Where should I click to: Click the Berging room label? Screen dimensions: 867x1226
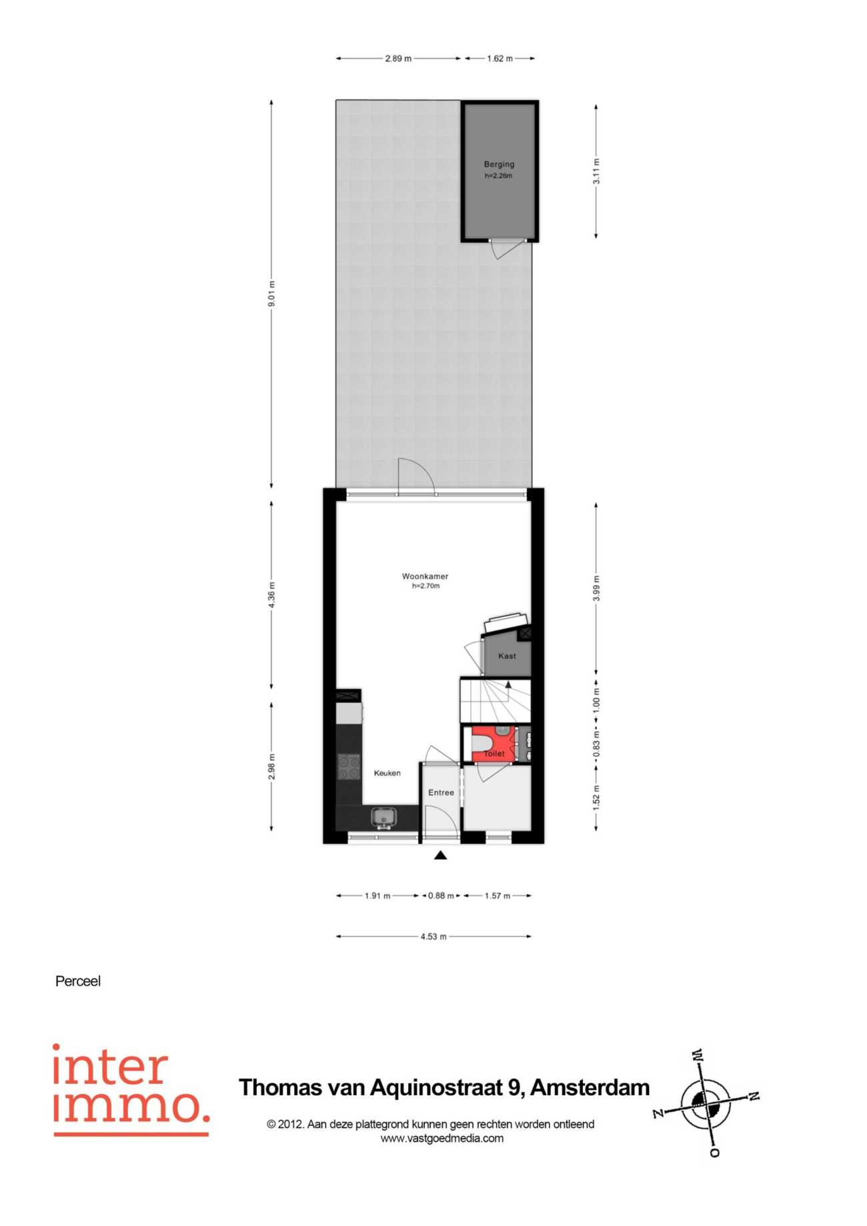tap(499, 164)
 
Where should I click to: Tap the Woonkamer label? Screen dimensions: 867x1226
tap(425, 576)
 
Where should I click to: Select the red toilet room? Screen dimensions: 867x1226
tap(494, 744)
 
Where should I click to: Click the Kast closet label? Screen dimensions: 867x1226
tap(507, 656)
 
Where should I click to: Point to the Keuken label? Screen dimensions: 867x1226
tap(387, 773)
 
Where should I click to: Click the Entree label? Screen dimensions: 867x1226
tap(441, 792)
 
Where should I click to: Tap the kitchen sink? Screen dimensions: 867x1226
tap(383, 817)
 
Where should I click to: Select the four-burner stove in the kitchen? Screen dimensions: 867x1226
tap(349, 766)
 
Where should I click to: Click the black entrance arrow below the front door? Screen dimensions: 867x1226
tap(440, 855)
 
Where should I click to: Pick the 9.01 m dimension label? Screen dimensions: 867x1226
tap(271, 294)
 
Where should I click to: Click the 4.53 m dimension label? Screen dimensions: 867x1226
tap(433, 937)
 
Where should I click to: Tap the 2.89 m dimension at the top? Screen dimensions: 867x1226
tap(398, 59)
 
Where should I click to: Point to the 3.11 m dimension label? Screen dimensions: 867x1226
tap(596, 171)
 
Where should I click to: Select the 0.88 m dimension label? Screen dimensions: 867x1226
tap(441, 896)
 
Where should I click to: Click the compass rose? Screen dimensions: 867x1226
tap(706, 1104)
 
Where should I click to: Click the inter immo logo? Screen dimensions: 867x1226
tap(131, 1090)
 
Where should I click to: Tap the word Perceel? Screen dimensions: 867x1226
tap(78, 981)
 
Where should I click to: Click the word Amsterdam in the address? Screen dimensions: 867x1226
tap(590, 1088)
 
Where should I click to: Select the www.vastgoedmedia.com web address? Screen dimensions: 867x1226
tap(442, 1139)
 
